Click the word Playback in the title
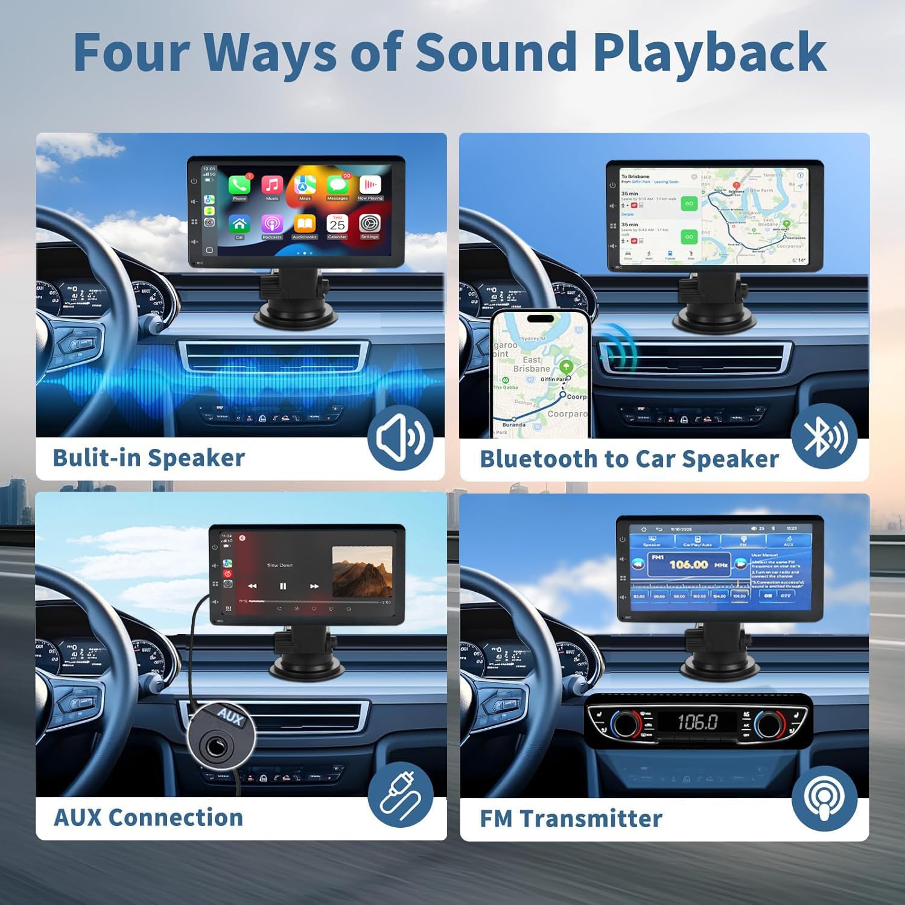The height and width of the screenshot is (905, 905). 710,53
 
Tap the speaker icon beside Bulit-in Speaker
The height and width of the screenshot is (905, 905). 400,438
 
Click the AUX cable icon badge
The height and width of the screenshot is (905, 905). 400,796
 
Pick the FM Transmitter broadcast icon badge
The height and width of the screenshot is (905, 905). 825,798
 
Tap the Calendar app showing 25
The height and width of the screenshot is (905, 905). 337,224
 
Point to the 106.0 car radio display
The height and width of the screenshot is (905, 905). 697,722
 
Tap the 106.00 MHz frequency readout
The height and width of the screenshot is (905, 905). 689,565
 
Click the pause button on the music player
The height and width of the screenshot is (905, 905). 283,586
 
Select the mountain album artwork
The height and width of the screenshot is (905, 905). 362,571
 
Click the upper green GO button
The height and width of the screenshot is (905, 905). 689,204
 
